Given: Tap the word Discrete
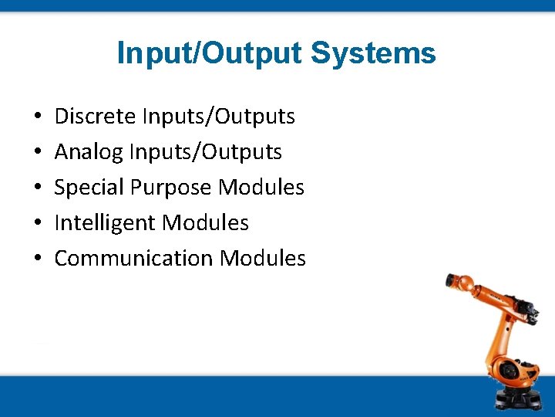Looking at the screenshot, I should click(x=96, y=117).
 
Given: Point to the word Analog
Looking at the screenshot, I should click(x=89, y=152).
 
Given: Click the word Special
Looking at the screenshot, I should click(x=89, y=188).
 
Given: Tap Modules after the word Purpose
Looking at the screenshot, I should click(x=261, y=188).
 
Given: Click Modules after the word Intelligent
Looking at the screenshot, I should click(x=206, y=223).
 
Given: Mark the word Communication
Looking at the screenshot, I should click(x=133, y=259).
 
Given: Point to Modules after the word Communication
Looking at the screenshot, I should click(x=263, y=259).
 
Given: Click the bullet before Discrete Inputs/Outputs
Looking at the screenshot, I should click(x=38, y=117).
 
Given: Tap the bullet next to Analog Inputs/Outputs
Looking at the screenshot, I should click(x=38, y=153).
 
